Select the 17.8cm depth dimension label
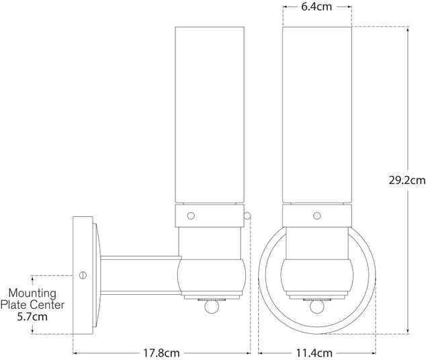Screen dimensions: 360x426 [x=161, y=352]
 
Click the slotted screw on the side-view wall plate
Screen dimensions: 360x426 [x=83, y=275]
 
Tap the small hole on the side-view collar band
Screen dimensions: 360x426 [x=191, y=216]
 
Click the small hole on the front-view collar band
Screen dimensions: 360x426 [x=316, y=216]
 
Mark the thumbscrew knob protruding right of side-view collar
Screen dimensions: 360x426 [x=248, y=216]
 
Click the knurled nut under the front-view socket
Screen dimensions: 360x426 [x=316, y=296]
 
